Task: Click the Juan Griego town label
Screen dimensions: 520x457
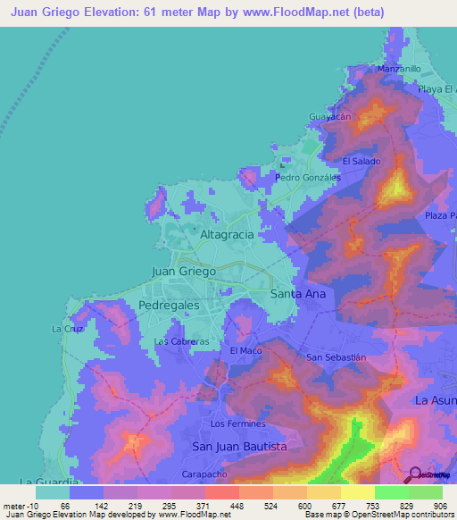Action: tap(184, 271)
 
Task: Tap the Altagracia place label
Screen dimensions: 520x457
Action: tap(227, 234)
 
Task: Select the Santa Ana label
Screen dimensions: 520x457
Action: tap(297, 293)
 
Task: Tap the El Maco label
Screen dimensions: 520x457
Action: tap(246, 351)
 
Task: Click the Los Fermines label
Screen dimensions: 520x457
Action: tap(238, 424)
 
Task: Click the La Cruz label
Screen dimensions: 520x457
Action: tap(67, 329)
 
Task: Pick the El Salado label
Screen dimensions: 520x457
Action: tap(361, 161)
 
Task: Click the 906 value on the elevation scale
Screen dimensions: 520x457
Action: tap(439, 505)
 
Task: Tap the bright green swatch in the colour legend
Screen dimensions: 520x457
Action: tap(391, 491)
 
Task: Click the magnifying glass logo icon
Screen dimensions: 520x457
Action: tap(414, 475)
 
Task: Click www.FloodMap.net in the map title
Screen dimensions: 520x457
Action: tap(295, 12)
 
